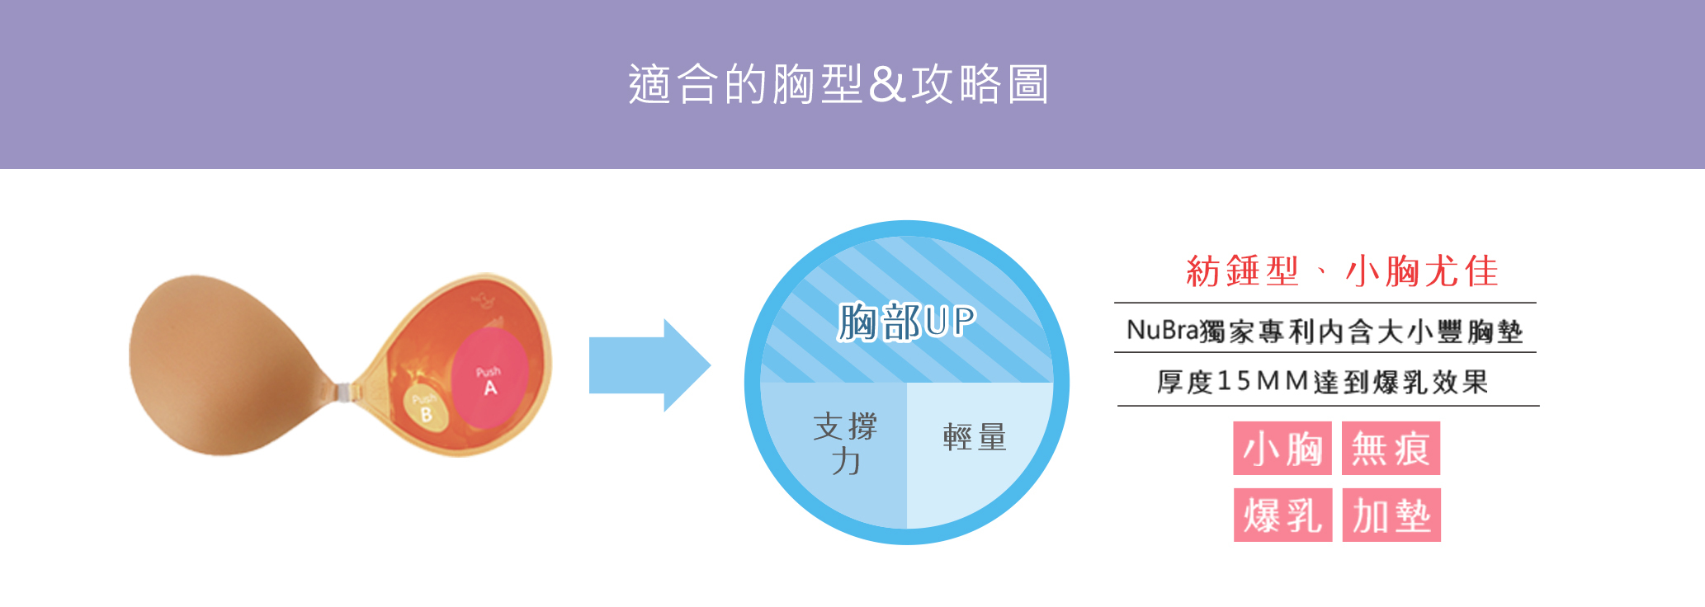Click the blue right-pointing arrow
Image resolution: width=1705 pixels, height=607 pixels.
click(x=649, y=365)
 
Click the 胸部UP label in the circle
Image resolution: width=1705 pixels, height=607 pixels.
click(x=906, y=322)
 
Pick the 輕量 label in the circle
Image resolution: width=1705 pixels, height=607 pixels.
click(x=975, y=437)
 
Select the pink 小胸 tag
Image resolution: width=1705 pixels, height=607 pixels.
click(x=1282, y=449)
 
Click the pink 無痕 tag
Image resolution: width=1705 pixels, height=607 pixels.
click(x=1391, y=449)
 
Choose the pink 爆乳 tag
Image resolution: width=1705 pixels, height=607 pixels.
click(x=1282, y=515)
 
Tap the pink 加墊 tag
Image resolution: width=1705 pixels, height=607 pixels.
click(x=1391, y=515)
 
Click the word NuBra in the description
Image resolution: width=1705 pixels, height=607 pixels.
click(x=1162, y=331)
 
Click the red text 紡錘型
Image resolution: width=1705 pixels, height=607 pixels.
click(x=1242, y=271)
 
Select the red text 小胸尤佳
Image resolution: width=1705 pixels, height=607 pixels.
click(x=1421, y=271)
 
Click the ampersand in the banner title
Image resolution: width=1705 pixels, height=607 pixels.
click(x=887, y=85)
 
